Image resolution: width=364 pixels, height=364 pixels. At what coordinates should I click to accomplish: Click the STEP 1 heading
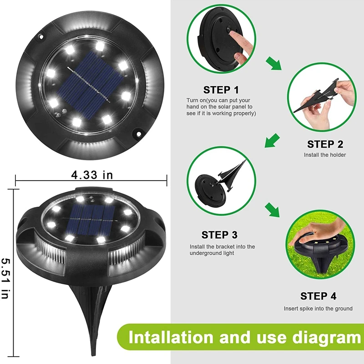point(221,90)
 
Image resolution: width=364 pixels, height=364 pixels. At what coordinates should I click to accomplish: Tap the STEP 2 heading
point(325,144)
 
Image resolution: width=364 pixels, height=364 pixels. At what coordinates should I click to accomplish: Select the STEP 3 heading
point(219,235)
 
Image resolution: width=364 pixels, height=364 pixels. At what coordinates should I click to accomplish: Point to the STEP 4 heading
point(318,296)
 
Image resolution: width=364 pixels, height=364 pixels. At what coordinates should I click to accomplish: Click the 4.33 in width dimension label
point(92,175)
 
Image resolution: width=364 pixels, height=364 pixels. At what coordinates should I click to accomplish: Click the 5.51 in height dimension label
point(5,278)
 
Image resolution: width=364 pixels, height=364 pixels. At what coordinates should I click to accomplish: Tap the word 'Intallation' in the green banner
point(171,338)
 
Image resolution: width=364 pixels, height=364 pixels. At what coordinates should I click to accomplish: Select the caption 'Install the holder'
point(325,155)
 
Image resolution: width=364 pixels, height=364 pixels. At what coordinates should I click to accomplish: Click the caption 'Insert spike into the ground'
point(318,308)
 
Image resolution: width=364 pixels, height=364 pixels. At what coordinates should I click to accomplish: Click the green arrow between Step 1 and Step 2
point(274,63)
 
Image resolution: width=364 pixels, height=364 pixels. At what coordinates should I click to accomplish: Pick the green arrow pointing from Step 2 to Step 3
point(272,141)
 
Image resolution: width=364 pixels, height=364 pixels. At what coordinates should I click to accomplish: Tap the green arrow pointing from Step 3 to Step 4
point(273,210)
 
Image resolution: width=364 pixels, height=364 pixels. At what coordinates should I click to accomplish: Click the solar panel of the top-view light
point(93,85)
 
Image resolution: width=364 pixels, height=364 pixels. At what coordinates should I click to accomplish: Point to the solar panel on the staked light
point(92,220)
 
